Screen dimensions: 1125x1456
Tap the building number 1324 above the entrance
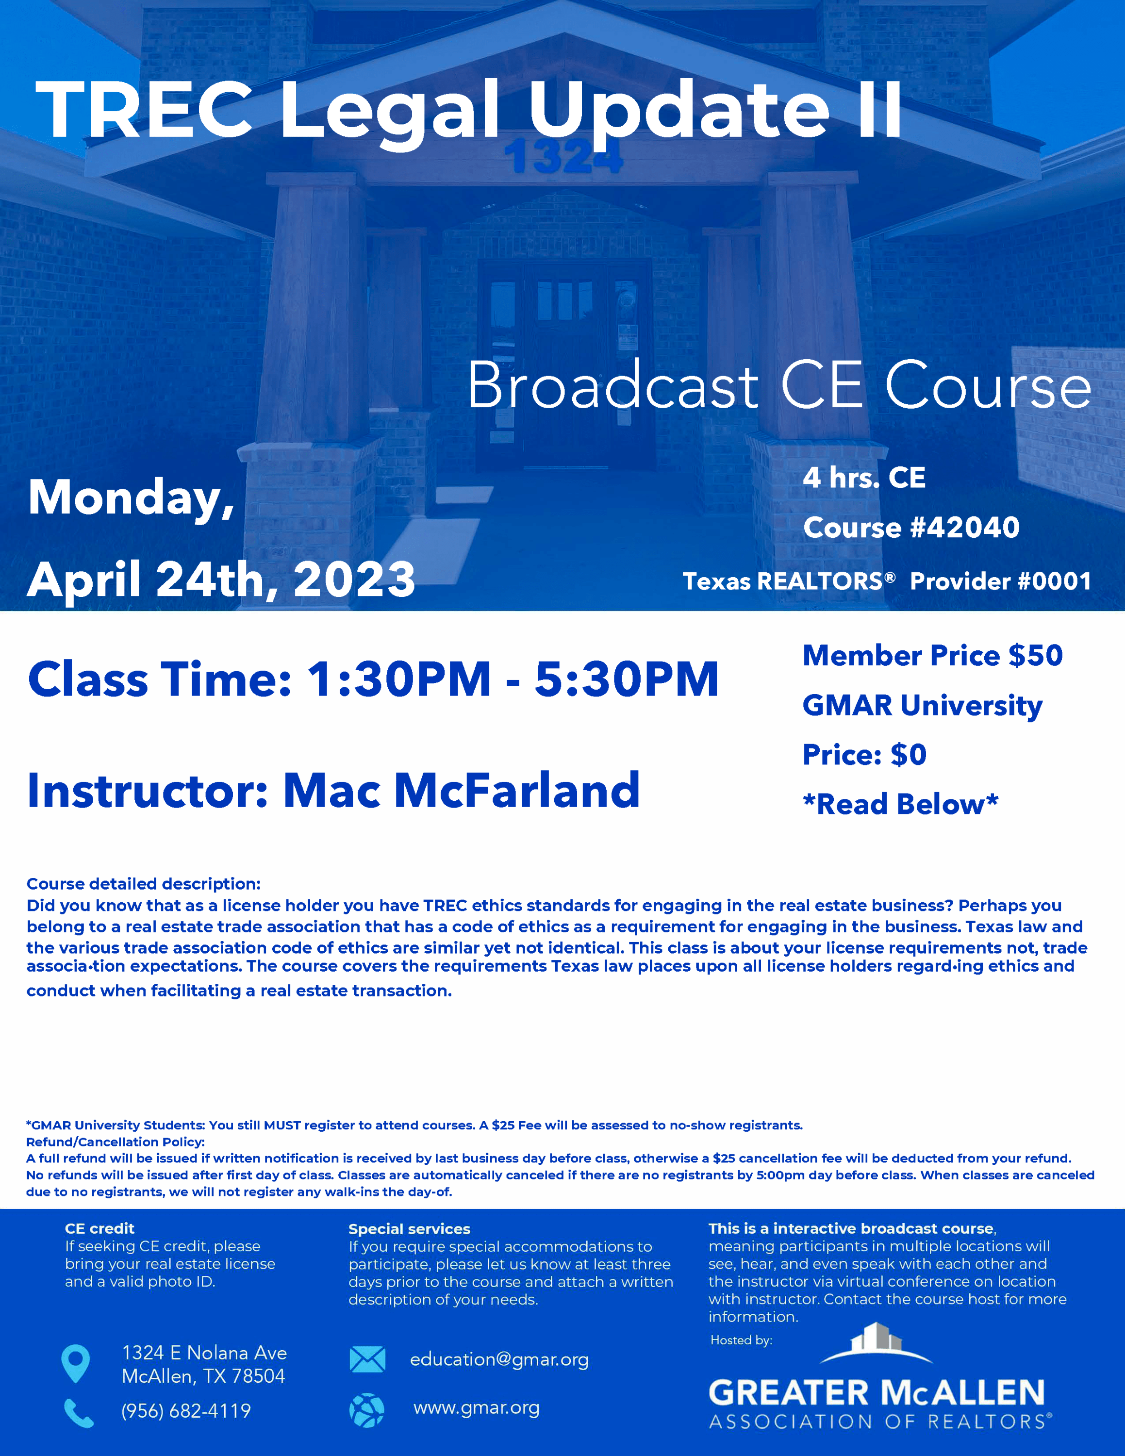click(563, 157)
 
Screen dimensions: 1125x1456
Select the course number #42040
click(965, 528)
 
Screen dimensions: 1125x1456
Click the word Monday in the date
click(132, 498)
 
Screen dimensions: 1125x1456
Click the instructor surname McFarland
click(517, 790)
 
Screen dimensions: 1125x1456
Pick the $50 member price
click(1035, 655)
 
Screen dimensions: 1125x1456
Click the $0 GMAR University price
click(909, 755)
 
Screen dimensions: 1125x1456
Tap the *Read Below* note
click(900, 804)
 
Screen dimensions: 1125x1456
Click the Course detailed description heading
click(143, 884)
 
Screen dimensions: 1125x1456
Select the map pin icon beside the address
click(75, 1363)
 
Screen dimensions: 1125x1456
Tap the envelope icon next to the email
click(367, 1358)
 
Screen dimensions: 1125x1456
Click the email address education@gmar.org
click(499, 1359)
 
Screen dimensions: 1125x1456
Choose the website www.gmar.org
click(477, 1407)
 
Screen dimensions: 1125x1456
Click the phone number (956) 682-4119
click(186, 1411)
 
